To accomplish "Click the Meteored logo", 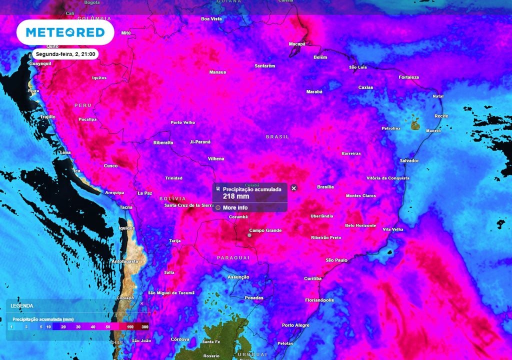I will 65,32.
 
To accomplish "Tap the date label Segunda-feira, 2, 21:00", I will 66,54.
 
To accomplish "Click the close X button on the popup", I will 294,188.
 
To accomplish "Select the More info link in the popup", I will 235,207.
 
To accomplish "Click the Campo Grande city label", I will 265,230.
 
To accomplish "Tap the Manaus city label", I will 217,72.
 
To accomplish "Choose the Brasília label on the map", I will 325,187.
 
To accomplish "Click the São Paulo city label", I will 336,260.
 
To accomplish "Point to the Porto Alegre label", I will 295,325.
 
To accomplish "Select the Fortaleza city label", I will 409,77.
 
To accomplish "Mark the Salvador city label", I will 409,160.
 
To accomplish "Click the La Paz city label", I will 144,193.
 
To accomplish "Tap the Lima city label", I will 65,152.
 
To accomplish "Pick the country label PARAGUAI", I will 233,257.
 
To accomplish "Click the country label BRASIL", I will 277,136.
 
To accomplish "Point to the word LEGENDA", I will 22,305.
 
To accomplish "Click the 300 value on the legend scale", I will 145,326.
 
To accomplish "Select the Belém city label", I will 320,57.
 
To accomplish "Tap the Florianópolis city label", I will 319,300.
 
